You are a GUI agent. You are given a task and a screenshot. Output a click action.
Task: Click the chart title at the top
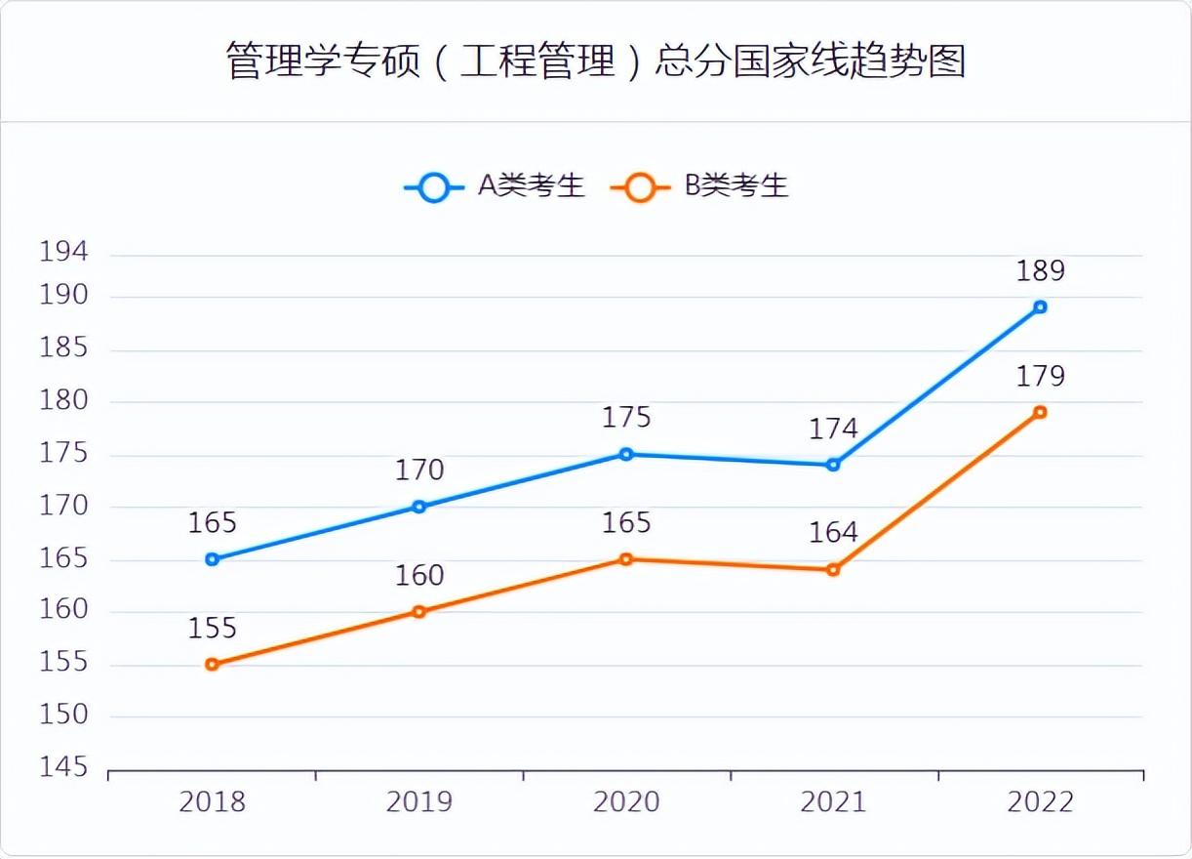pos(596,61)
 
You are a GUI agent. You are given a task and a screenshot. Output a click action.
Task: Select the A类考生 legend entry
pos(495,185)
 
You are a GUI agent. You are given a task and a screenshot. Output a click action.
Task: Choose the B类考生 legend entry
pos(700,185)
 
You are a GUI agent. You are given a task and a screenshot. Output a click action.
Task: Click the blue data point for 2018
pos(212,559)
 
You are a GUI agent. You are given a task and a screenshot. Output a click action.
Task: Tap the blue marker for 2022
pos(1040,307)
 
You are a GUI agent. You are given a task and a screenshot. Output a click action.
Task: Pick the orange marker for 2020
pos(626,559)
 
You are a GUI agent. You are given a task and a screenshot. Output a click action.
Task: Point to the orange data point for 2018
pos(212,665)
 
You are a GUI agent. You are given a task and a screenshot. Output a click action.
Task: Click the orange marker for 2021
pos(833,570)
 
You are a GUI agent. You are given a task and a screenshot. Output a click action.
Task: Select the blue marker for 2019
pos(419,507)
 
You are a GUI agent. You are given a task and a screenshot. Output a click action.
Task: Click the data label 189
pos(1040,271)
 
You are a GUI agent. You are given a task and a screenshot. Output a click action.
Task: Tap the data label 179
pos(1040,377)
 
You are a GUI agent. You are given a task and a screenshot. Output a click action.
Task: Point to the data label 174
pos(833,429)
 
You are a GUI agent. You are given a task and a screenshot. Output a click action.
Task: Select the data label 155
pos(212,629)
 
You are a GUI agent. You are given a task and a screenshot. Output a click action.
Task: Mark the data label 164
pos(833,534)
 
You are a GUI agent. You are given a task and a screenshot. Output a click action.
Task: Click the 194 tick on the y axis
pos(63,252)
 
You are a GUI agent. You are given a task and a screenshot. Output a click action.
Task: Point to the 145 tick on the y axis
pos(63,768)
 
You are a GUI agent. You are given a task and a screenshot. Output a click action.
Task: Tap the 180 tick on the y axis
pos(63,401)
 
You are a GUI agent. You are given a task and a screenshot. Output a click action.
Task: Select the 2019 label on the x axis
pos(419,802)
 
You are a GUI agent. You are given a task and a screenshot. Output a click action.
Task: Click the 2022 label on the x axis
pos(1040,802)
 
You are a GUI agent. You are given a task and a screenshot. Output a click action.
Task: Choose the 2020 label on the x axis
pos(626,802)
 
